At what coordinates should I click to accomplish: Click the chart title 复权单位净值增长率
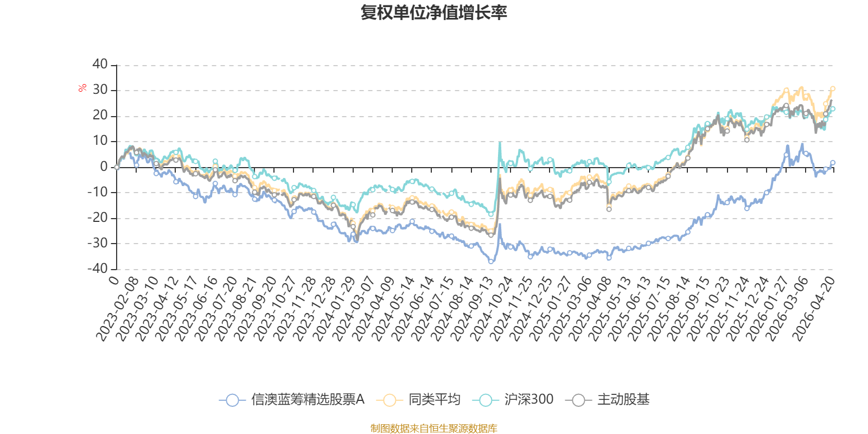pos(433,12)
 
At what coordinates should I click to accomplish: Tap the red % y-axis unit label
pos(82,88)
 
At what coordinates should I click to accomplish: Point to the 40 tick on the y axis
pos(100,65)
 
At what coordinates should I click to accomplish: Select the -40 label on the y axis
pos(97,269)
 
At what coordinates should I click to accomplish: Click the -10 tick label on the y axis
pos(97,192)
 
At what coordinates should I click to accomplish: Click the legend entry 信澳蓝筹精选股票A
pos(292,399)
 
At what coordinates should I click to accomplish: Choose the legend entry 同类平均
pos(418,399)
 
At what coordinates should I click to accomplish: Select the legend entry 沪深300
pos(513,399)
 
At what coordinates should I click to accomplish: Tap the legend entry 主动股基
pos(607,399)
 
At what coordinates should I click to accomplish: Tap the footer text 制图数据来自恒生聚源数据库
pos(433,428)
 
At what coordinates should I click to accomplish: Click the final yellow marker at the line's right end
pos(832,89)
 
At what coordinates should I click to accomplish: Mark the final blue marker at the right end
pos(832,163)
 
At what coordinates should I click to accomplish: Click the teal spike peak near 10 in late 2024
pos(500,143)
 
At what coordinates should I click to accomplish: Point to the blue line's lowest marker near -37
pos(491,261)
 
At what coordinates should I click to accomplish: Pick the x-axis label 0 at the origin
pos(114,280)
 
